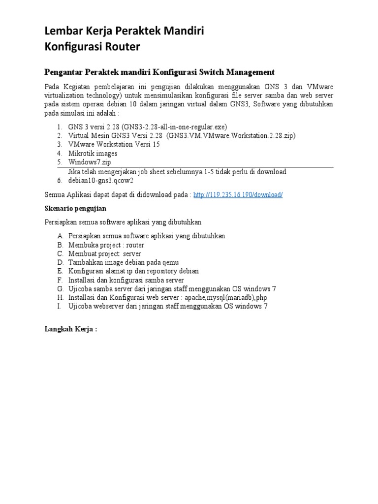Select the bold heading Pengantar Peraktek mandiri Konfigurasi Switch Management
(x=159, y=72)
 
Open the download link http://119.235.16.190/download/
(x=238, y=194)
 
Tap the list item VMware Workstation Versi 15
(x=114, y=144)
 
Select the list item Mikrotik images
(x=93, y=153)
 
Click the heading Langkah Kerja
(x=71, y=329)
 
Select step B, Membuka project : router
(x=106, y=245)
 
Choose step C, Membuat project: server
(x=105, y=253)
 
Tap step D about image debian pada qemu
(x=124, y=262)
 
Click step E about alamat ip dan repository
(x=133, y=271)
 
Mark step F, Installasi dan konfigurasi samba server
(x=126, y=280)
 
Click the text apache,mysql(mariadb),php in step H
(x=226, y=298)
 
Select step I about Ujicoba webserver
(x=168, y=307)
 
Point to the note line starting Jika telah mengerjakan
(x=177, y=172)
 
